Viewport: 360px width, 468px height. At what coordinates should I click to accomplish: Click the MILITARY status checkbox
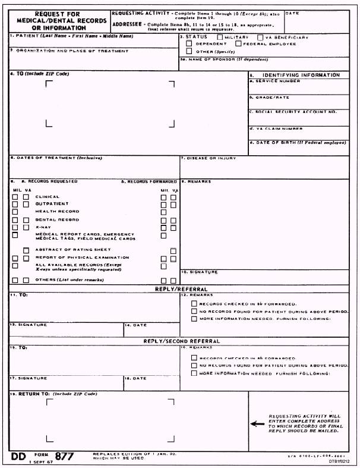220,37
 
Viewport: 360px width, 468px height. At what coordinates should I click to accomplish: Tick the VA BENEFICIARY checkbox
260,37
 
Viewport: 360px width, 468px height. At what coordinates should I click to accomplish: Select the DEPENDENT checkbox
190,44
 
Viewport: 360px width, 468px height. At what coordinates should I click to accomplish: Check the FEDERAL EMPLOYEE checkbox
238,44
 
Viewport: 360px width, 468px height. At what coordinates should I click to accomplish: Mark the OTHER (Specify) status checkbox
190,51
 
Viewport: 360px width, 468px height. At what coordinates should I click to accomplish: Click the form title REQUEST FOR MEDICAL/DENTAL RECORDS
58,20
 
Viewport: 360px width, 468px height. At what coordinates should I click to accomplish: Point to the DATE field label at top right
292,12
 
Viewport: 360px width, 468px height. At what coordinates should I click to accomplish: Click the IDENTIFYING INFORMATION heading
301,75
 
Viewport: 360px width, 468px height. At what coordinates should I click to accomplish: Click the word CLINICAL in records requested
48,197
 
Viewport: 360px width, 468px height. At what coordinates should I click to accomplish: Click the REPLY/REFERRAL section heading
179,288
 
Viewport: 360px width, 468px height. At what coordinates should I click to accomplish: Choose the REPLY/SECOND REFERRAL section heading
179,341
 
